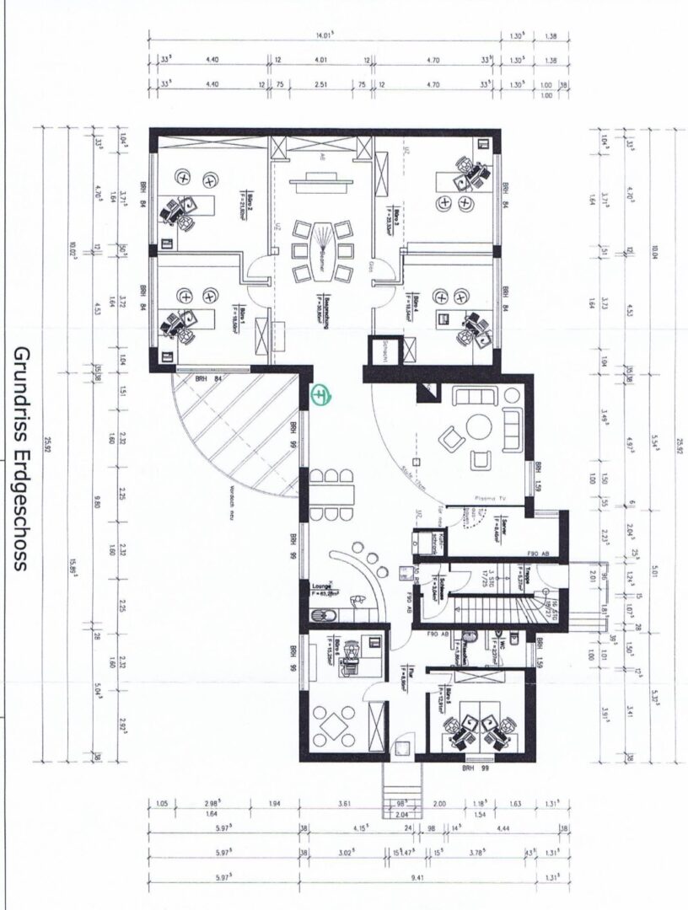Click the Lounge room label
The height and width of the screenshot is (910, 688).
322,588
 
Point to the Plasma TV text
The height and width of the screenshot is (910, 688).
491,497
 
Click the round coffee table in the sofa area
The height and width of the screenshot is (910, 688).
481,427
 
